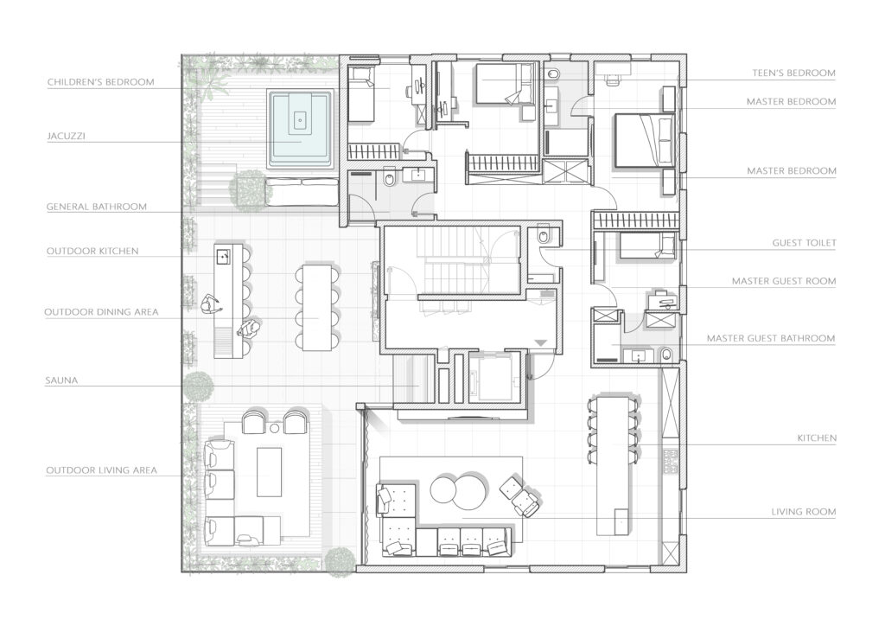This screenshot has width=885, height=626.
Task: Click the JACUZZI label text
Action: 66,136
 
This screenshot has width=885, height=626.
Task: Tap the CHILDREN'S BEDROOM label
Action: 100,82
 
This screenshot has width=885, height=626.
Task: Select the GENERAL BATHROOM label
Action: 97,207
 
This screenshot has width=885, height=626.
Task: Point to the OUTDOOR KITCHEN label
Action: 92,252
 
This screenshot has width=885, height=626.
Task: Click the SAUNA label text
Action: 61,380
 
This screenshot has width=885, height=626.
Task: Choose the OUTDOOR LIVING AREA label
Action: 102,470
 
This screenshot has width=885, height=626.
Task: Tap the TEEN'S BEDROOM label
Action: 793,73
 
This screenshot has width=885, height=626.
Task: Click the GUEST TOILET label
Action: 804,243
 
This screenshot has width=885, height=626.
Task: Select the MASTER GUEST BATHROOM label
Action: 771,338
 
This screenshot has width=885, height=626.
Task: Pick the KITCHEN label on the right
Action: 817,438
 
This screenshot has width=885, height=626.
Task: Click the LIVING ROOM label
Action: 804,512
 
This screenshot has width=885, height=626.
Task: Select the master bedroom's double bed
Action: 643,141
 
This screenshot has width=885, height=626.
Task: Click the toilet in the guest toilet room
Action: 543,237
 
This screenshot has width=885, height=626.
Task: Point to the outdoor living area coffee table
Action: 270,472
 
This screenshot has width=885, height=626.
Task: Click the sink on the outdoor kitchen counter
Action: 224,256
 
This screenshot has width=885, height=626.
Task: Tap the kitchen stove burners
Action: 672,461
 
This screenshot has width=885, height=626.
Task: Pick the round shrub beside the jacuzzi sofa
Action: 247,189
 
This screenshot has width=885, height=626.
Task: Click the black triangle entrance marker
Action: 541,342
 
